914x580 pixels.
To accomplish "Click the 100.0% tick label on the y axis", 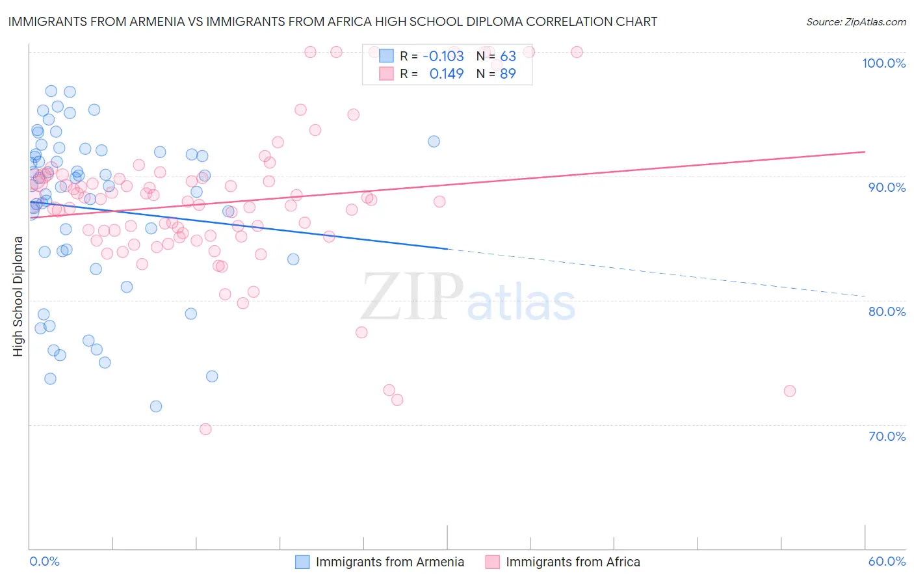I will coord(883,63).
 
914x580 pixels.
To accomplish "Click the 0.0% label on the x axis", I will coord(44,561).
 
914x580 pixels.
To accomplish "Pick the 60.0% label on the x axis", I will coord(887,561).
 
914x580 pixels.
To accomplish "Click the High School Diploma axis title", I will coord(18,296).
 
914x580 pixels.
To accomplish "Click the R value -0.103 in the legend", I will coord(443,56).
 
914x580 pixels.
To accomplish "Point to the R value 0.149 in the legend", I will coord(447,73).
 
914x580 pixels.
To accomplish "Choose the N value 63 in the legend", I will coord(508,56).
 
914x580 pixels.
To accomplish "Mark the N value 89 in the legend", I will coord(508,73).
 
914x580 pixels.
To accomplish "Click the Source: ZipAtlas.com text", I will coord(855,21).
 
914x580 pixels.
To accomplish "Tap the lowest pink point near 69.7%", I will coord(205,429).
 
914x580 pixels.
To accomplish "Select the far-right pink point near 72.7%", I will coord(790,391).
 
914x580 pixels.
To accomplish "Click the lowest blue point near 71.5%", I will coord(156,406).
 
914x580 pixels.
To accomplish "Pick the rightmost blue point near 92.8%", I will coord(434,142).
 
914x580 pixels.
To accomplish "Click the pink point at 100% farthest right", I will coord(577,52).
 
